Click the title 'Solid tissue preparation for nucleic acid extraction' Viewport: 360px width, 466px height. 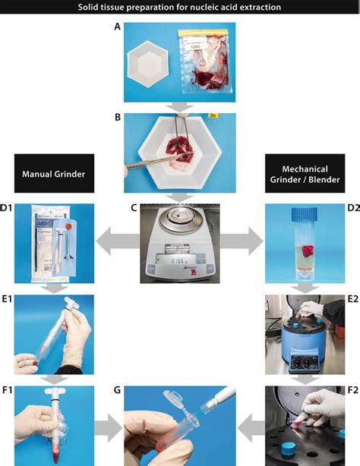click(x=180, y=8)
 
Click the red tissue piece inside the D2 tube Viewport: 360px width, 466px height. click(x=307, y=251)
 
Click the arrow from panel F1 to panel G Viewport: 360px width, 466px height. click(x=108, y=430)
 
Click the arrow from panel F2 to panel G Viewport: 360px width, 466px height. click(x=248, y=430)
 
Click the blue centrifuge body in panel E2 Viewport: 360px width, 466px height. click(x=303, y=345)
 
